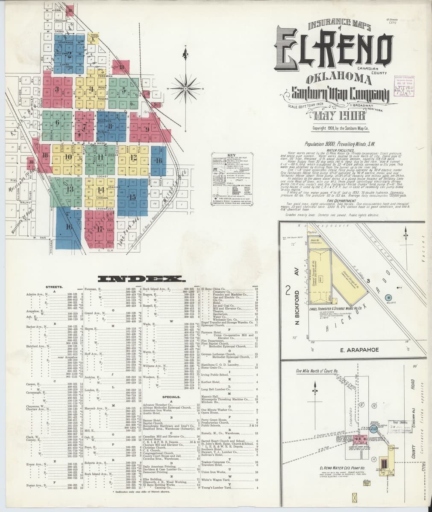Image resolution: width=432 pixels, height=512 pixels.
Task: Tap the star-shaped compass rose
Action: coord(186,89)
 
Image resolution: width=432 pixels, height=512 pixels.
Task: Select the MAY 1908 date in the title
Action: coord(340,116)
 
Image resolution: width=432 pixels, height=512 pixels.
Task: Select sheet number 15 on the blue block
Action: coord(133,197)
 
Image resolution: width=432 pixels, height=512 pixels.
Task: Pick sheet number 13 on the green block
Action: coord(70,189)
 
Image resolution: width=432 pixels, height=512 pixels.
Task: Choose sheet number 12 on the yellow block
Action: coord(133,157)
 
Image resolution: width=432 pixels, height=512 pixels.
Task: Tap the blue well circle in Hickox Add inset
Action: coord(388,297)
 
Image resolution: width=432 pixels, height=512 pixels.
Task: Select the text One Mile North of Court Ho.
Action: coord(315,371)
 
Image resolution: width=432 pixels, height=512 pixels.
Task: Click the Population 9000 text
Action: coord(338,144)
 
